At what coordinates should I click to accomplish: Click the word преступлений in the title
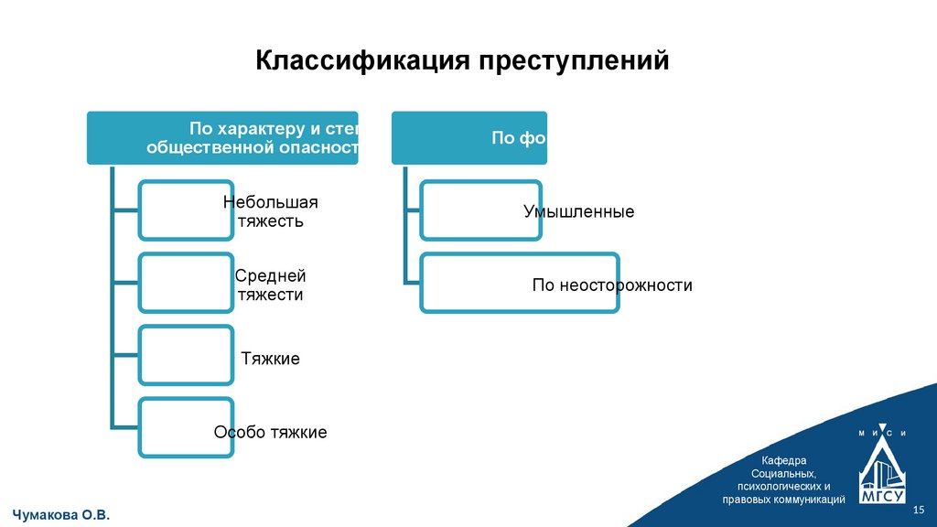tap(566, 62)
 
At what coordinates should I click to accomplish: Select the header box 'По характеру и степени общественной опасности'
tap(222, 137)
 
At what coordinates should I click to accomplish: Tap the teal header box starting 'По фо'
tap(468, 138)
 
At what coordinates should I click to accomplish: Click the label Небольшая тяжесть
tap(271, 211)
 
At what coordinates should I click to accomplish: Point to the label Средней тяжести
tap(271, 285)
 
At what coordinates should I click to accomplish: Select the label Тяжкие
tap(271, 359)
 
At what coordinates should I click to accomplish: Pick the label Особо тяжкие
tap(271, 432)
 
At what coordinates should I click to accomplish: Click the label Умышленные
tap(578, 211)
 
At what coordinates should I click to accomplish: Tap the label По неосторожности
tap(612, 285)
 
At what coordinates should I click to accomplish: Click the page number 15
tap(920, 510)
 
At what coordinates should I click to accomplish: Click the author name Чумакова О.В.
tap(62, 516)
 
